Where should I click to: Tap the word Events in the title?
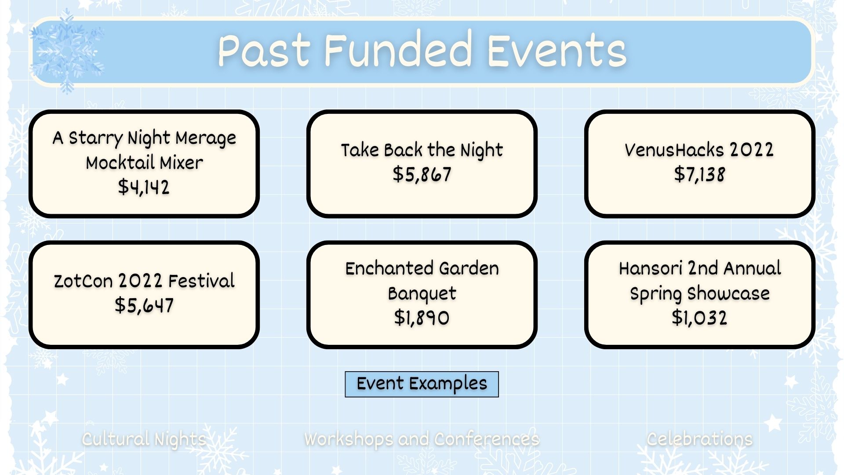click(557, 51)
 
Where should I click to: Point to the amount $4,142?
click(144, 187)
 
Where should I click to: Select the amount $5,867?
click(422, 174)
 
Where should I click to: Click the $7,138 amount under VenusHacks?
click(699, 174)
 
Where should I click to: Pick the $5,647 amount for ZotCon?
click(144, 305)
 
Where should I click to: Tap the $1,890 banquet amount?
click(422, 318)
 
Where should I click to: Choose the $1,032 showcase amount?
click(699, 318)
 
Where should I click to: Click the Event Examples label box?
click(422, 384)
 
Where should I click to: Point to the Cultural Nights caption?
click(144, 439)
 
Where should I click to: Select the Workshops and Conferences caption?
click(422, 439)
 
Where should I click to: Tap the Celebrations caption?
click(699, 439)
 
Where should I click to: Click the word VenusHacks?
click(674, 150)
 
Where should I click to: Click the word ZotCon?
click(83, 281)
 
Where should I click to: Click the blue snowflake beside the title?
click(67, 52)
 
